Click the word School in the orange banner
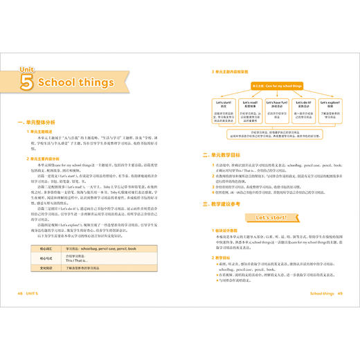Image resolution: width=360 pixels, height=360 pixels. [x=75, y=83]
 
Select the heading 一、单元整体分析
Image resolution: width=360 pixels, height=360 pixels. [x=45, y=122]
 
